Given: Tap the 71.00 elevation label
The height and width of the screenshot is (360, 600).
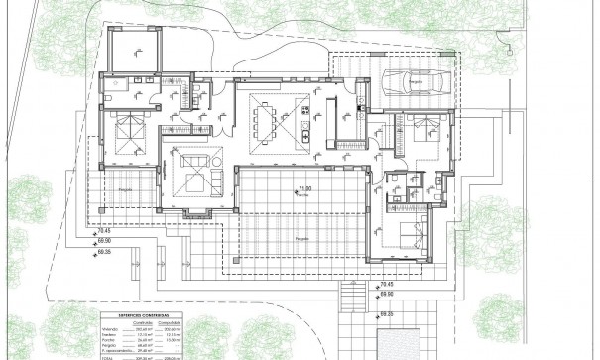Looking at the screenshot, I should pos(304,188).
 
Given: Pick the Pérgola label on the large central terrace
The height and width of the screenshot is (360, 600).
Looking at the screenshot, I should pos(300,239).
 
